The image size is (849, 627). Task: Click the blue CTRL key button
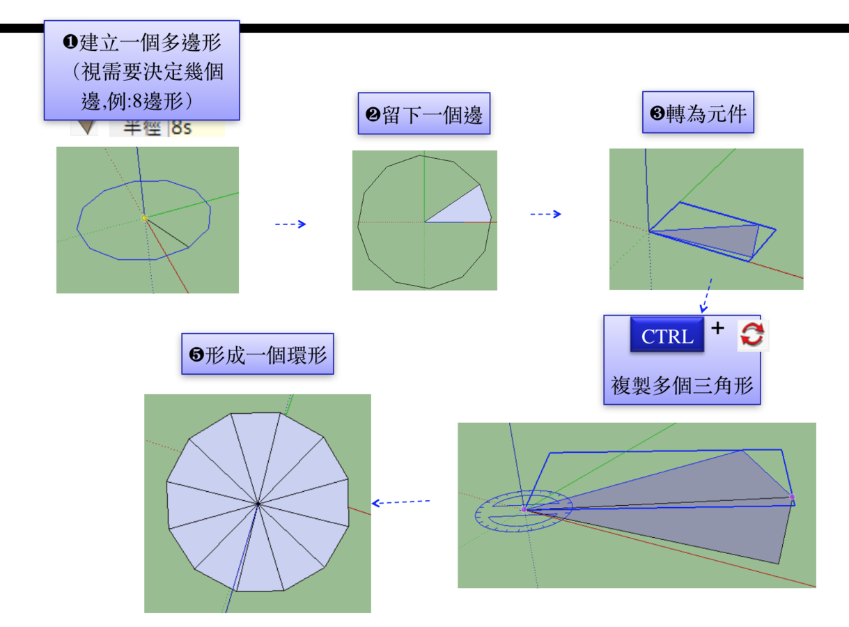click(x=667, y=336)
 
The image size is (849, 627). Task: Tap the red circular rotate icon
click(x=751, y=335)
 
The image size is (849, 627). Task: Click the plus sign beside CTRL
click(x=718, y=327)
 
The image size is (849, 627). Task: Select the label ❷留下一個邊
click(x=424, y=114)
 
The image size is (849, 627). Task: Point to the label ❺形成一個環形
click(x=257, y=355)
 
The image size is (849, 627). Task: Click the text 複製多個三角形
click(x=682, y=385)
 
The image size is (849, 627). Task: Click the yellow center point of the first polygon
click(x=144, y=218)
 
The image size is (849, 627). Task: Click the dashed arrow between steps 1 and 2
click(x=290, y=224)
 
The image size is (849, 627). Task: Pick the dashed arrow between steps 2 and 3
click(x=545, y=215)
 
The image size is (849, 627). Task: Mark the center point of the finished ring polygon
click(x=258, y=502)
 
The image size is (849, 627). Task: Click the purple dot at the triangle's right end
click(x=792, y=497)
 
